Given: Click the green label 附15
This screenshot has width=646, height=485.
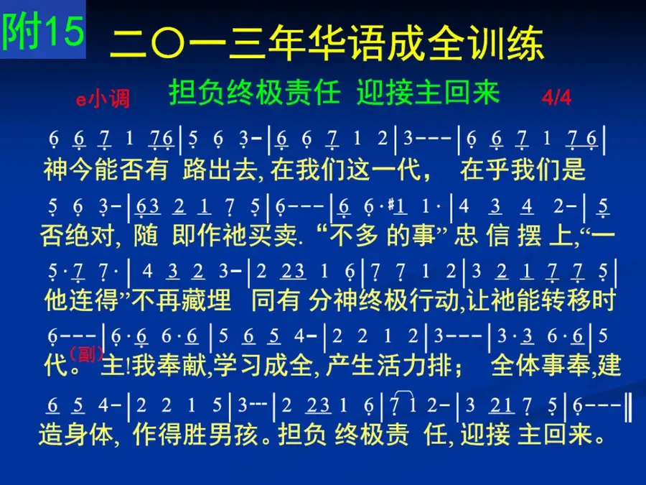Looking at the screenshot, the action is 43,29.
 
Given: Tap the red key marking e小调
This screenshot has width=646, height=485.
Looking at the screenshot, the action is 103,99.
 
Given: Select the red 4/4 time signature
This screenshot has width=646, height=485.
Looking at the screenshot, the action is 556,98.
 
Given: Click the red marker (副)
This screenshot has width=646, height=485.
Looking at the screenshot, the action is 86,354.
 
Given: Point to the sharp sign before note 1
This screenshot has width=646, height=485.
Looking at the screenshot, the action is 391,204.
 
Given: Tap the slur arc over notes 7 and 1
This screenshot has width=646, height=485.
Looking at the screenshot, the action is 405,394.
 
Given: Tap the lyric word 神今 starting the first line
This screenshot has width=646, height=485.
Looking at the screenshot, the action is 68,169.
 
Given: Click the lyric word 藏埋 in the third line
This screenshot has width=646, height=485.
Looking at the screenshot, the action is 206,300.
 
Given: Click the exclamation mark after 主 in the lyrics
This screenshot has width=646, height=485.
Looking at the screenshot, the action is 128,366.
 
